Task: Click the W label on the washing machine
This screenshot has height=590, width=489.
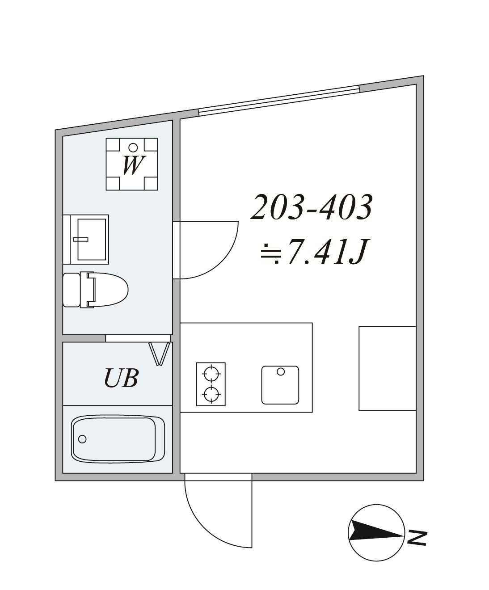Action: click(132, 165)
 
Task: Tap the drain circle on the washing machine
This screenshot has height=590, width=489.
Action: click(133, 147)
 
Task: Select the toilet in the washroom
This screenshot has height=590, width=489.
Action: click(95, 290)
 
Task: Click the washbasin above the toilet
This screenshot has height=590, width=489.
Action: click(86, 239)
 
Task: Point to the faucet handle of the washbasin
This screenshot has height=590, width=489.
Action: click(80, 239)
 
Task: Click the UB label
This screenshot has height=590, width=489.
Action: click(121, 378)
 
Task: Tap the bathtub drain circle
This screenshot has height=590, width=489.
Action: click(82, 439)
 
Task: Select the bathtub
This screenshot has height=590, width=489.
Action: click(118, 438)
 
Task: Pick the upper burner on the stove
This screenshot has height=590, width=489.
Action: click(211, 374)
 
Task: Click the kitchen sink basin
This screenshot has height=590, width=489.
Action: click(280, 385)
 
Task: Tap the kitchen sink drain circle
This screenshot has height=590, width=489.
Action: click(281, 371)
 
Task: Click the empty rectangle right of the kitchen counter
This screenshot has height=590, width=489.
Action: click(387, 368)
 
